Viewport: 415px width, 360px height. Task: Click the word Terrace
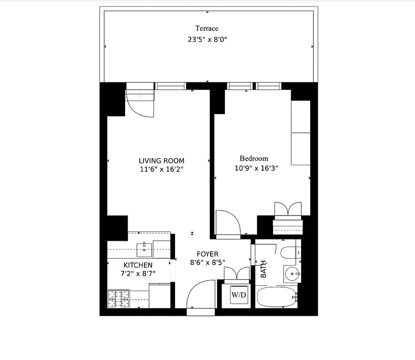pyautogui.click(x=207, y=29)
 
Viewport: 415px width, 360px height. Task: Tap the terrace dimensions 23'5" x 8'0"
pyautogui.click(x=207, y=40)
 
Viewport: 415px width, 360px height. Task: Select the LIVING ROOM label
pyautogui.click(x=161, y=161)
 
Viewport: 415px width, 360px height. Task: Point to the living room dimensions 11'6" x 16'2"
pyautogui.click(x=161, y=169)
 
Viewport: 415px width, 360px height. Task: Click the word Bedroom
pyautogui.click(x=254, y=158)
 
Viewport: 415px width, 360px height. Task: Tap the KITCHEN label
pyautogui.click(x=138, y=265)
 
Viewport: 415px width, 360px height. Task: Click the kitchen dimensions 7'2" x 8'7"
pyautogui.click(x=138, y=274)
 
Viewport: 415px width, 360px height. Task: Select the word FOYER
pyautogui.click(x=207, y=254)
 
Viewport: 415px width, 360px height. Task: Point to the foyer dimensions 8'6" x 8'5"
pyautogui.click(x=207, y=262)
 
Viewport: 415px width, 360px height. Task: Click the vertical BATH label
pyautogui.click(x=263, y=269)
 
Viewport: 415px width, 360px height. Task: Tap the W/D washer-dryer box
pyautogui.click(x=239, y=295)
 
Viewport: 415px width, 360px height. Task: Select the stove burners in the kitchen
pyautogui.click(x=118, y=298)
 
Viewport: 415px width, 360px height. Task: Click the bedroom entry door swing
pyautogui.click(x=227, y=222)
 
